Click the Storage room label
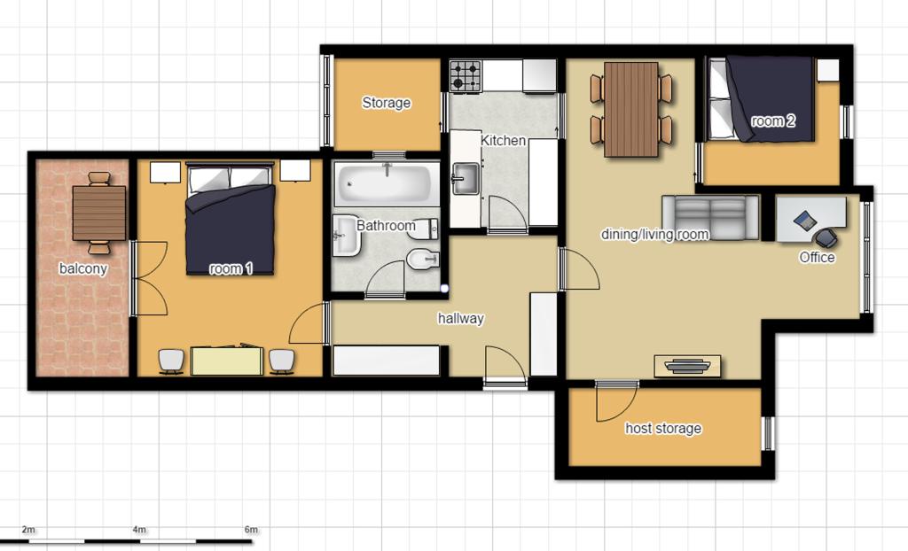[387, 103]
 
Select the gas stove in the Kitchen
[466, 76]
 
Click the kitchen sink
[466, 178]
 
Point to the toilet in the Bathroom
[423, 260]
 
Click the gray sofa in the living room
[710, 217]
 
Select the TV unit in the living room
[687, 366]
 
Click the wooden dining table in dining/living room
[631, 109]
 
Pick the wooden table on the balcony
[99, 213]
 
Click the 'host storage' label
[663, 428]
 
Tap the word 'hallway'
[460, 318]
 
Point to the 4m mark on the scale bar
[139, 529]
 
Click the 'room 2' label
[773, 121]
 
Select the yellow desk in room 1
[226, 361]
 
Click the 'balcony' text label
[82, 268]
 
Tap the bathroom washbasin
[348, 236]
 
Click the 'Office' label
[817, 257]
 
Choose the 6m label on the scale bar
[251, 529]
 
